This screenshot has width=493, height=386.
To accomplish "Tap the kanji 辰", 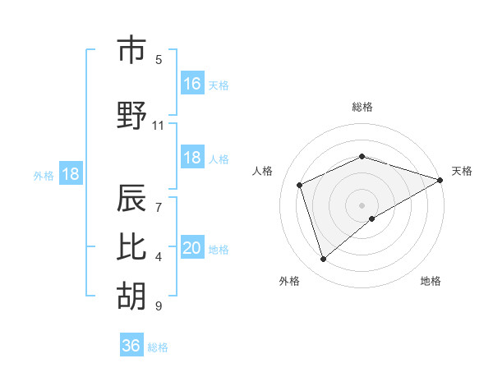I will (131, 200).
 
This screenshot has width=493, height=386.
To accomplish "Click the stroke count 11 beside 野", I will (158, 126).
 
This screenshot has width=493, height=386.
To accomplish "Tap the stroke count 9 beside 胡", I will (159, 306).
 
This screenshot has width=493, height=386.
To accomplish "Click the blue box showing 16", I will (192, 83).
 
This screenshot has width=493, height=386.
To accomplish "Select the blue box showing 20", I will (192, 248).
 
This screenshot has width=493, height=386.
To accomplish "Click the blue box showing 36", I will (131, 346).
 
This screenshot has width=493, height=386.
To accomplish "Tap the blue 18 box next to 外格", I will (70, 174).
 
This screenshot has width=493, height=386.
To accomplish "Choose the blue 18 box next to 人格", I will (192, 158).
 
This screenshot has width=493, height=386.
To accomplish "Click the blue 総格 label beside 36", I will (158, 347).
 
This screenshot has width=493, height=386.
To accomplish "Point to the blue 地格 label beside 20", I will (219, 250).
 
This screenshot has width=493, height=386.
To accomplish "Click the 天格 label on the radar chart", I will (462, 171).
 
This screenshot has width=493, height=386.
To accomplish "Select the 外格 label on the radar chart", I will (289, 281).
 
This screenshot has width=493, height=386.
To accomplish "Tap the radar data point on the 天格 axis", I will (440, 179).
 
